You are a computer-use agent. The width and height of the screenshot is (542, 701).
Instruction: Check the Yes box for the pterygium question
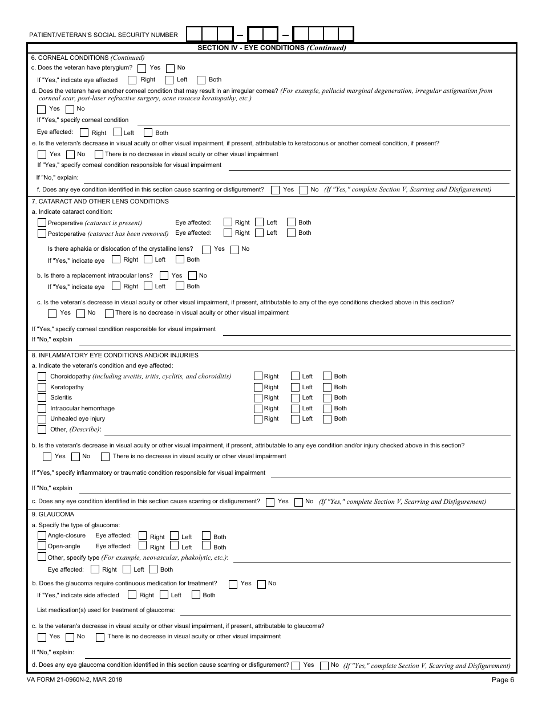[142, 68]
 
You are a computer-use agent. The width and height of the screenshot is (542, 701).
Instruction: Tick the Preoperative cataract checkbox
[42, 223]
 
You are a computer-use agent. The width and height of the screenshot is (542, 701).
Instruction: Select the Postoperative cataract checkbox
[42, 233]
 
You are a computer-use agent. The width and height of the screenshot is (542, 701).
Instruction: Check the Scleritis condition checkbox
[42, 398]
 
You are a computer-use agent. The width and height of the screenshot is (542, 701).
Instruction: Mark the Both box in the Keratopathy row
[327, 387]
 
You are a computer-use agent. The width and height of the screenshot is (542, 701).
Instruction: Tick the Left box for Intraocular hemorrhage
[295, 408]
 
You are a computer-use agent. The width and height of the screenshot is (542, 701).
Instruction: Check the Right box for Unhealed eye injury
[258, 419]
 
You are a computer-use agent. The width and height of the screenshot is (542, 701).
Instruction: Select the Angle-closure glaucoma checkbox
[42, 536]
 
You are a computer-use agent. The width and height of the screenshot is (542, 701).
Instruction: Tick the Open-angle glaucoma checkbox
[42, 546]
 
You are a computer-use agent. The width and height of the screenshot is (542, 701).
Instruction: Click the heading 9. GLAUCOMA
[54, 515]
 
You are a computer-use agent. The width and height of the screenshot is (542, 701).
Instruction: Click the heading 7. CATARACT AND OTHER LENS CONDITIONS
[100, 201]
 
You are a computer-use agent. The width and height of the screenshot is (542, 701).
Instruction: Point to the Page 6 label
[503, 679]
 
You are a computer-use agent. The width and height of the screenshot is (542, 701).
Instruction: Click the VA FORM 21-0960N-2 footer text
[74, 679]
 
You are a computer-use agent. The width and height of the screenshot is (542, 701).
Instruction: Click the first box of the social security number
[194, 35]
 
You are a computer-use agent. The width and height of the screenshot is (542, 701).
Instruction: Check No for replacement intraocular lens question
[192, 276]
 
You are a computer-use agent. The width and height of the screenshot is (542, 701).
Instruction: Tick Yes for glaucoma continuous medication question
[233, 584]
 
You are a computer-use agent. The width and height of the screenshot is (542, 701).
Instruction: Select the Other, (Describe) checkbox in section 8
[42, 429]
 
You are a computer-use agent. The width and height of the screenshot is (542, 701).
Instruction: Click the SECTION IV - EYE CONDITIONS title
[272, 48]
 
